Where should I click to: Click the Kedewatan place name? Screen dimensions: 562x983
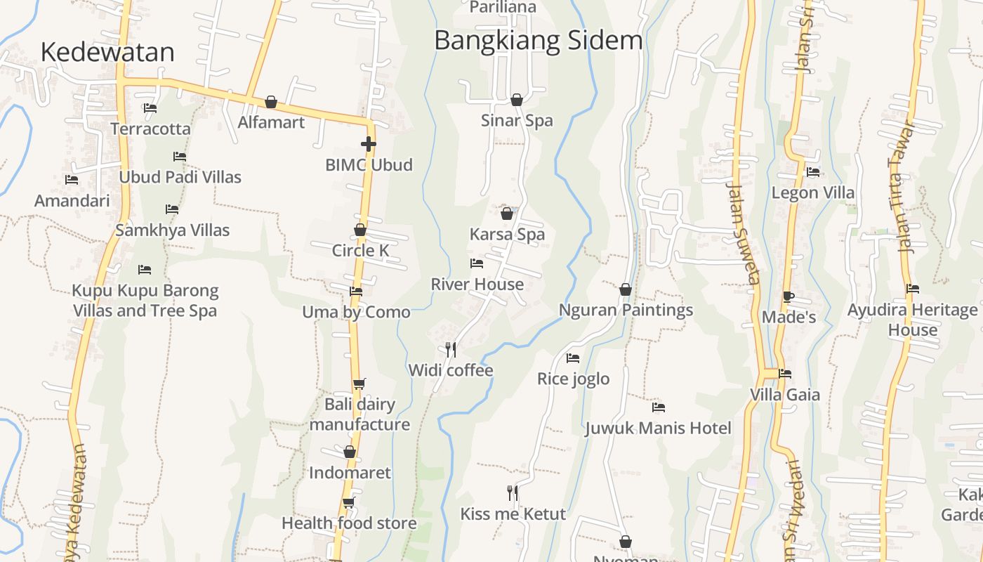[x=107, y=52]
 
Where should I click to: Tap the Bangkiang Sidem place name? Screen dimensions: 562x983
[x=539, y=40]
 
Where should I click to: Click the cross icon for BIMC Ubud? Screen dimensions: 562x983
[x=369, y=144]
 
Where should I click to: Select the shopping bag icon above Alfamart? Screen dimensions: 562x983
[x=271, y=102]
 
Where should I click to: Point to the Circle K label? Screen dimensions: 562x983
[x=360, y=251]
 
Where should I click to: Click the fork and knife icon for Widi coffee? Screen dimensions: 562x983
[x=451, y=349]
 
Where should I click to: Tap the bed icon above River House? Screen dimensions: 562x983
[x=477, y=263]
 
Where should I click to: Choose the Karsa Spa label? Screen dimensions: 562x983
[x=507, y=234]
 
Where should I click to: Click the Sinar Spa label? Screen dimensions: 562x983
[x=517, y=120]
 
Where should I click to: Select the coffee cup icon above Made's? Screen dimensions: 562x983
[x=789, y=296]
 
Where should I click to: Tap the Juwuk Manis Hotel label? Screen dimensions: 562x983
[x=658, y=428]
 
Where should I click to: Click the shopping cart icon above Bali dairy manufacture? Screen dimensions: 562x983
[x=359, y=384]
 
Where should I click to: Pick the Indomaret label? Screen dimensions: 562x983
[x=350, y=472]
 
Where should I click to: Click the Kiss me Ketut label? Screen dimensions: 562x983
[x=513, y=514]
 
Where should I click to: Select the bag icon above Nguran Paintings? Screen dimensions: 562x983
[x=626, y=289]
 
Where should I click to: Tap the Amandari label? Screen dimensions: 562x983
[x=72, y=201]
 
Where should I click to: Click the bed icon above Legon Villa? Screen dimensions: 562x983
[x=813, y=171]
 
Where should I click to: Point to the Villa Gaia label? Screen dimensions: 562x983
[x=785, y=394]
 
